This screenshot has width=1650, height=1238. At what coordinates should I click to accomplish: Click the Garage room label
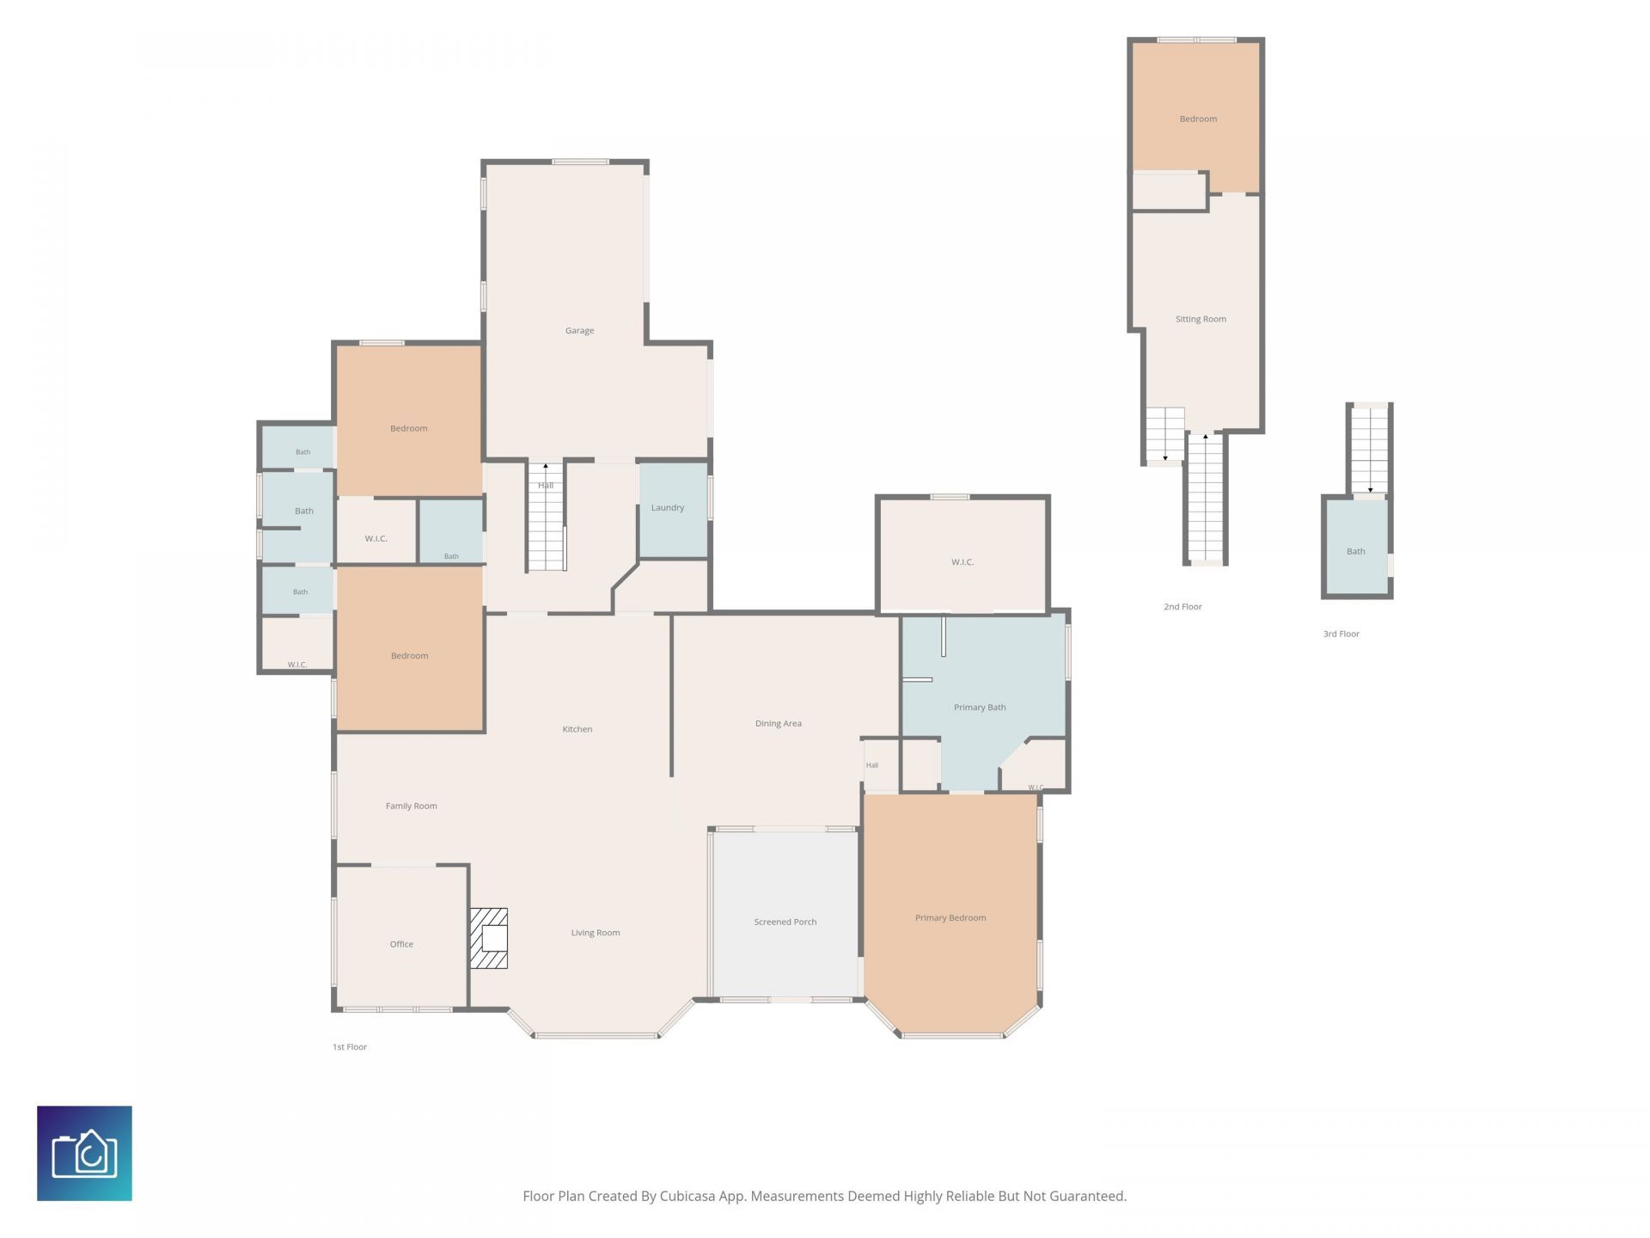tap(579, 330)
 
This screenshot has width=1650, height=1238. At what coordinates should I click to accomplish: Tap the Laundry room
tap(673, 511)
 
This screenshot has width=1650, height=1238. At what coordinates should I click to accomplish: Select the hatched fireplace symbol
tap(488, 938)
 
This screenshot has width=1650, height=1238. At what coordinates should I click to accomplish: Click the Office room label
tap(401, 944)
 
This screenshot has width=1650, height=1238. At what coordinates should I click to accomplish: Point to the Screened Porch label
tap(785, 922)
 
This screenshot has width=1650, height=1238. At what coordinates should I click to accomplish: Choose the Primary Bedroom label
tap(950, 918)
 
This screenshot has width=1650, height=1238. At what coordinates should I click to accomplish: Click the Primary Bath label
tap(980, 708)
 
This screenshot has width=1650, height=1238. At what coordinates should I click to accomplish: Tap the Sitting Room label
tap(1201, 319)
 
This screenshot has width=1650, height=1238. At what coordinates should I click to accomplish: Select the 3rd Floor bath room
tap(1356, 547)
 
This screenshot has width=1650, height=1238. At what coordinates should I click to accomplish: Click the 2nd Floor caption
tap(1182, 607)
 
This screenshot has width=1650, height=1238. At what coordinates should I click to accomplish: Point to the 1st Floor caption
tap(350, 1047)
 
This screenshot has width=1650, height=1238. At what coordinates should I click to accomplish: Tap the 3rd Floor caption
tap(1341, 634)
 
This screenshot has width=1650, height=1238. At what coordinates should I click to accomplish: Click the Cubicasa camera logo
tap(84, 1153)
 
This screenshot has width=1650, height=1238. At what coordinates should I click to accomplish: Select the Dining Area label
tap(778, 724)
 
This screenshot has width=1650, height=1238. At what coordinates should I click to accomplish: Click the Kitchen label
tap(577, 729)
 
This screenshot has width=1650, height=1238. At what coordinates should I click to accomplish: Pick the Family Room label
tap(411, 806)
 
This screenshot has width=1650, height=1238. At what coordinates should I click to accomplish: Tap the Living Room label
tap(596, 933)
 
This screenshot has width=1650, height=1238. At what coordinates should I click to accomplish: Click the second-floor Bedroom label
tap(1198, 119)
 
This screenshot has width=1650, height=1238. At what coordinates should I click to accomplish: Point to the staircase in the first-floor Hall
tap(546, 517)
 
